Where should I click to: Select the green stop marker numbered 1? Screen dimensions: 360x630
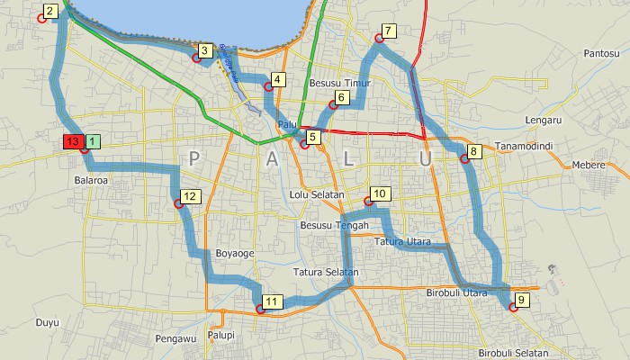click(x=94, y=142)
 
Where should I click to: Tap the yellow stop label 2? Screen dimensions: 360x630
click(x=50, y=11)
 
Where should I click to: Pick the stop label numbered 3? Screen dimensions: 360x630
click(x=205, y=50)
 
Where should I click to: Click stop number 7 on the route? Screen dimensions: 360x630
click(x=389, y=31)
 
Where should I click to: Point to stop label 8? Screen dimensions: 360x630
click(x=475, y=150)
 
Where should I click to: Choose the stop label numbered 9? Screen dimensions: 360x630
click(x=522, y=300)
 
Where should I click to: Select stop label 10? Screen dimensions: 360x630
click(x=379, y=193)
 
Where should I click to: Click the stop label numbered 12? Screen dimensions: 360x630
click(x=189, y=196)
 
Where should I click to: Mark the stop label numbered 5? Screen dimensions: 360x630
click(x=313, y=137)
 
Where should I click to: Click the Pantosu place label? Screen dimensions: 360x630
click(x=604, y=54)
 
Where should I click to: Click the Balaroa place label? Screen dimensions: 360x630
click(x=91, y=180)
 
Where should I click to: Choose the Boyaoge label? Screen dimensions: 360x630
click(x=235, y=254)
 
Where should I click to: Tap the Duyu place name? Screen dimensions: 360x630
click(x=47, y=321)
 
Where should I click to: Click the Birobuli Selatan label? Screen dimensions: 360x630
click(x=514, y=352)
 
